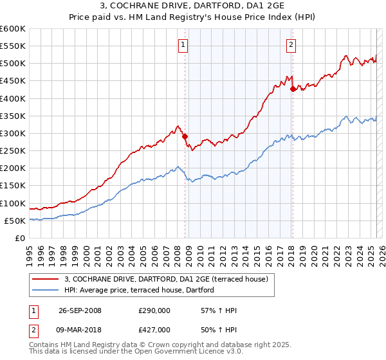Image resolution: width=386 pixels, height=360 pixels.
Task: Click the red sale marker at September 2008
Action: pyautogui.click(x=185, y=136)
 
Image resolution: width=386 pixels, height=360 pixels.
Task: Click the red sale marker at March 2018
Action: pyautogui.click(x=293, y=89)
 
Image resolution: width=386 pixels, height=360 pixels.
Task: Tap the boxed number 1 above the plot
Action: pyautogui.click(x=183, y=44)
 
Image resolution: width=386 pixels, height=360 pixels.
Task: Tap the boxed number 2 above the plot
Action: pyautogui.click(x=291, y=44)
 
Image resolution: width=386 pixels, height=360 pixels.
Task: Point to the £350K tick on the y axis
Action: pyautogui.click(x=13, y=116)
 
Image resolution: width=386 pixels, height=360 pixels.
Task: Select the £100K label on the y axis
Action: pyautogui.click(x=13, y=203)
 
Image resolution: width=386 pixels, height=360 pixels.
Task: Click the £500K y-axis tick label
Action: pyautogui.click(x=13, y=64)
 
